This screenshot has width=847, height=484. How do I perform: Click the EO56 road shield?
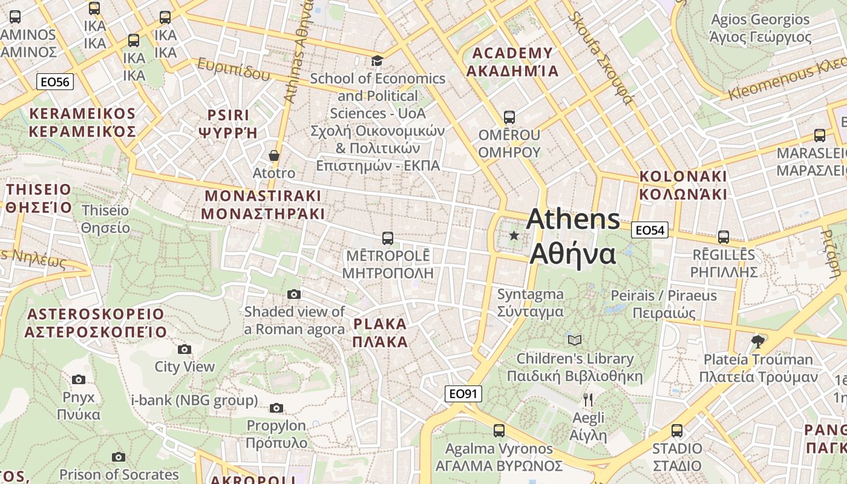click(55, 82)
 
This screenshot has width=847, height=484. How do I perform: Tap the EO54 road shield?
click(650, 230)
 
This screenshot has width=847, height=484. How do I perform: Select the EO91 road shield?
click(463, 394)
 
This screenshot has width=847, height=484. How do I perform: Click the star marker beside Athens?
click(514, 235)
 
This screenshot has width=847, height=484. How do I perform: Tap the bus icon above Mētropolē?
click(388, 238)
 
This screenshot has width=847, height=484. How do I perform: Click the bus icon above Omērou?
click(509, 117)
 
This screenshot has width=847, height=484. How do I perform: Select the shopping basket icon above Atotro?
click(274, 155)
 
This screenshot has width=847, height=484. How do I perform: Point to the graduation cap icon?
click(377, 60)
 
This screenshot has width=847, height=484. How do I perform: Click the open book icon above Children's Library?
click(575, 340)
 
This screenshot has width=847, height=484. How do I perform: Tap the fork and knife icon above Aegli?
click(587, 399)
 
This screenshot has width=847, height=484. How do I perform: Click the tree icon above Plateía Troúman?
click(757, 341)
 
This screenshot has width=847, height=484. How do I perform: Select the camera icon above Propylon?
click(276, 408)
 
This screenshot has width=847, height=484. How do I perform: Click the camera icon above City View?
click(185, 349)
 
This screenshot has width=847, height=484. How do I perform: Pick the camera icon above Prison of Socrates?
click(119, 457)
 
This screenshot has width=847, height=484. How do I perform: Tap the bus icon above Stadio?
click(677, 431)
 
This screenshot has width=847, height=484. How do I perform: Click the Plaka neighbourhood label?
click(380, 332)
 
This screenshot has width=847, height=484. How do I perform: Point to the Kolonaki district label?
click(683, 185)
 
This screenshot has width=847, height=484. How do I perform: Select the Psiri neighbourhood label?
click(228, 123)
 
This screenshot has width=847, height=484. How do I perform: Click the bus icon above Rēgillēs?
click(724, 237)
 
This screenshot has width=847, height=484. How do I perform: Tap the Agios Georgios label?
click(760, 28)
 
